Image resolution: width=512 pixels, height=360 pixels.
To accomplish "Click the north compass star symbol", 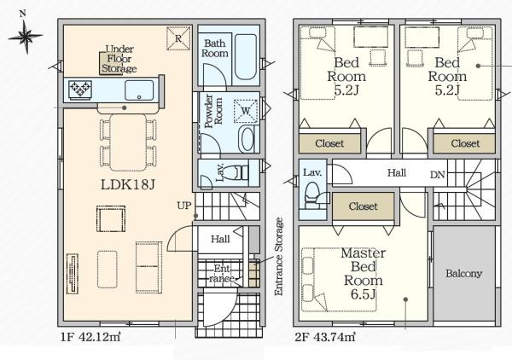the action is (26, 36).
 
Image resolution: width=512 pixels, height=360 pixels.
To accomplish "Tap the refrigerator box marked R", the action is (178, 38).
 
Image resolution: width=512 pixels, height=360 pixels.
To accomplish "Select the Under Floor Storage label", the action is (119, 59).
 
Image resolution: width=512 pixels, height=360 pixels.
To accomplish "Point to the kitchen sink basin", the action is (139, 90).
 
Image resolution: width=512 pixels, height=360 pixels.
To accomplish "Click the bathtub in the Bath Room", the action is (246, 56).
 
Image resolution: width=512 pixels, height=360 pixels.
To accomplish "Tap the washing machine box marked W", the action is (246, 111).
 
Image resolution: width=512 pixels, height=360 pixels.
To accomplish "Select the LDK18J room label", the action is (127, 185).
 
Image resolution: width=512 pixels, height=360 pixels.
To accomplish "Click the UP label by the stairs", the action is (183, 206).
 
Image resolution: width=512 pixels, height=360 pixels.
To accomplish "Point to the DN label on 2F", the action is (438, 175).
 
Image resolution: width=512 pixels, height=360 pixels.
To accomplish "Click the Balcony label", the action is (463, 274).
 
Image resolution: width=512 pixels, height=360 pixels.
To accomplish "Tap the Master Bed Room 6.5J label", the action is (364, 274).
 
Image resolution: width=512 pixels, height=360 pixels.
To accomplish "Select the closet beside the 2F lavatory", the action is (364, 206).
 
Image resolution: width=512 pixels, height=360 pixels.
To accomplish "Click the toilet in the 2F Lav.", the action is (311, 195).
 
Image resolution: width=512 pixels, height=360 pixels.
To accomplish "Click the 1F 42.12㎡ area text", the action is (90, 337).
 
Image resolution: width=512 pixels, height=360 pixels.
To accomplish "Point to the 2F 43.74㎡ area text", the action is (325, 337).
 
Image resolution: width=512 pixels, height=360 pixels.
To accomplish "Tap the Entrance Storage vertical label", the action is (278, 257).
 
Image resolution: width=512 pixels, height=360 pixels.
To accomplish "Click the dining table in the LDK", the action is (128, 142).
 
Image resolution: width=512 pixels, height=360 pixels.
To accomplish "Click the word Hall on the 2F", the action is (397, 172).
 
